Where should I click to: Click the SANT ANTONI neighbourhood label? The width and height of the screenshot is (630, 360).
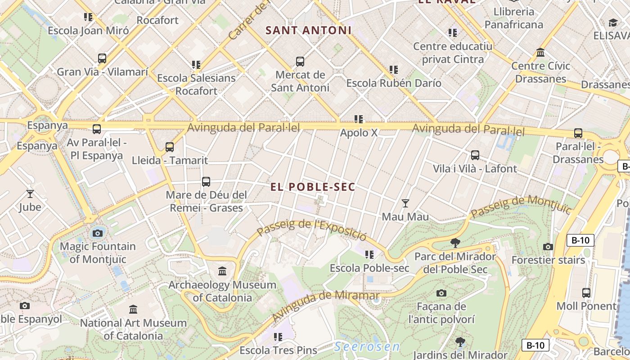click(308, 31)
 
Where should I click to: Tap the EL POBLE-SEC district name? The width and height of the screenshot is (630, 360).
click(313, 187)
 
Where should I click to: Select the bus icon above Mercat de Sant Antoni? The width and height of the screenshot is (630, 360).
click(300, 62)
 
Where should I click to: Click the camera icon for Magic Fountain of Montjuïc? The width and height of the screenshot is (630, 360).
click(98, 233)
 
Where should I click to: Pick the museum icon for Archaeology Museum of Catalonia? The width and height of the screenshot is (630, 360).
click(222, 271)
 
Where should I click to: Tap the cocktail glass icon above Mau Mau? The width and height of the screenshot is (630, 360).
click(405, 203)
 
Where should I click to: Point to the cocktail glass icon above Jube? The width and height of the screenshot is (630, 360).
click(30, 194)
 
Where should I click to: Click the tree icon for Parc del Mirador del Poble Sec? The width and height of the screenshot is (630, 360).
click(455, 243)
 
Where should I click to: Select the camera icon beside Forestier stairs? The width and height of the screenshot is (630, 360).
click(548, 247)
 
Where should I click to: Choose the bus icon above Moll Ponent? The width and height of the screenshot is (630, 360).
click(586, 293)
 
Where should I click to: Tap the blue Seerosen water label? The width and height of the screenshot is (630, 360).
click(367, 346)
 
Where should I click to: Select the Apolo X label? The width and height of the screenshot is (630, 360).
click(359, 133)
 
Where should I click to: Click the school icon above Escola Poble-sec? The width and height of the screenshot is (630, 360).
click(369, 255)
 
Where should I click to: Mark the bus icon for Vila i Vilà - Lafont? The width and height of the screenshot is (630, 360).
click(475, 155)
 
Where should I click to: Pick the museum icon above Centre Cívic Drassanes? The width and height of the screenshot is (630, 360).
click(540, 53)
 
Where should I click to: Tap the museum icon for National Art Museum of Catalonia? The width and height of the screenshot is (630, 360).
click(133, 310)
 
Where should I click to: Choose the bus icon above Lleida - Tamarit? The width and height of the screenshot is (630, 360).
click(170, 147)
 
